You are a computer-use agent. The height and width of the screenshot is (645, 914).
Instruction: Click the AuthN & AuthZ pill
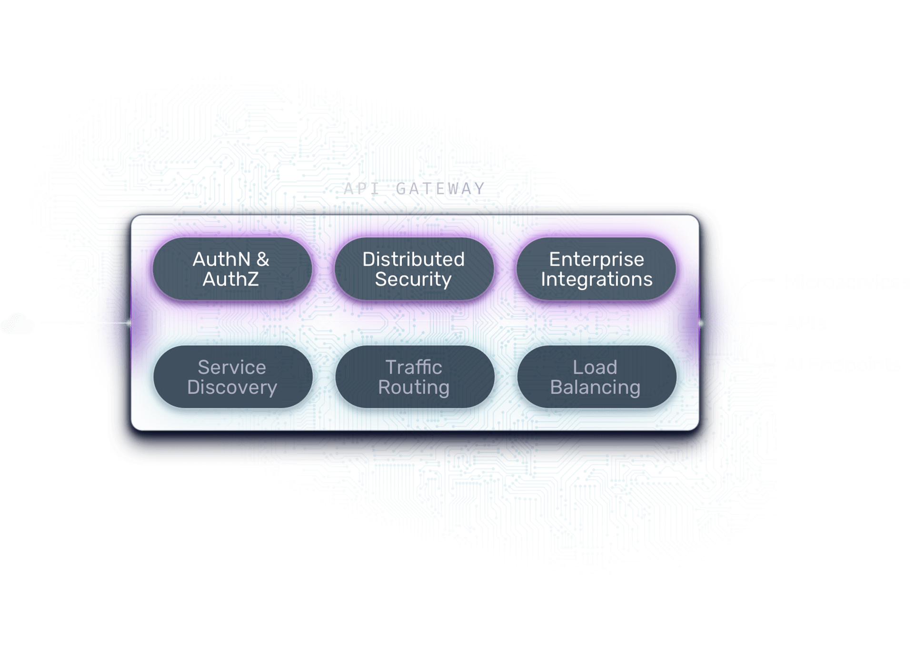click(x=232, y=269)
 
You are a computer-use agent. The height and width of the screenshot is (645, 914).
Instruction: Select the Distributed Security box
click(x=414, y=269)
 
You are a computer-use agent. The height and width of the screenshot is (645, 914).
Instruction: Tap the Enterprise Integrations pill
click(x=596, y=269)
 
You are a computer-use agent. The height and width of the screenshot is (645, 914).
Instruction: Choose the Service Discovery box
click(x=232, y=377)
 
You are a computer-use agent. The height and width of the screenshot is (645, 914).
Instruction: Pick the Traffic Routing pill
click(x=414, y=377)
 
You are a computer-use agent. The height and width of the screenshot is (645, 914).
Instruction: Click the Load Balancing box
click(x=596, y=377)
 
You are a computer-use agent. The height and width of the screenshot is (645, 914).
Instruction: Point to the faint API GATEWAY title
click(x=413, y=189)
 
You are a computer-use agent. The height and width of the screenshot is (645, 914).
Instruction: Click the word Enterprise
click(x=596, y=259)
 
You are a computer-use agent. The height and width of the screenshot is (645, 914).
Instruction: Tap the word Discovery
click(x=232, y=387)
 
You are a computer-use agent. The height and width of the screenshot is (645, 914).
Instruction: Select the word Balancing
click(x=595, y=387)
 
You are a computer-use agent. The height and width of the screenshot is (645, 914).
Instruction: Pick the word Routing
click(x=414, y=387)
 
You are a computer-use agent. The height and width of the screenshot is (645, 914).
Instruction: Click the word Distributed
click(x=413, y=259)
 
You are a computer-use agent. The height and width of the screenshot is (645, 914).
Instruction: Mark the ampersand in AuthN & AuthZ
click(x=263, y=259)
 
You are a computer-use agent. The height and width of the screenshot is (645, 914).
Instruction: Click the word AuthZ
click(x=231, y=279)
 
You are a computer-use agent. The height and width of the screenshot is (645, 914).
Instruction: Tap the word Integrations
click(x=596, y=279)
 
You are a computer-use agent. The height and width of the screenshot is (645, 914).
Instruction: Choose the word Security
click(x=413, y=279)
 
